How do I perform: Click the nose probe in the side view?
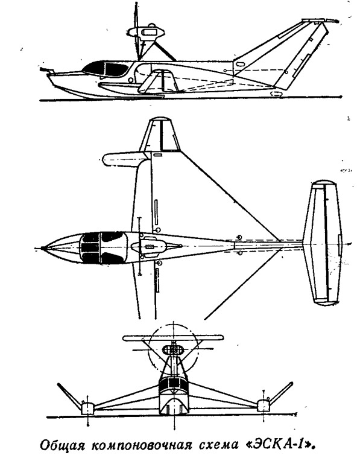coord(46,70)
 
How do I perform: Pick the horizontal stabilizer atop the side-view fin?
coord(318,21)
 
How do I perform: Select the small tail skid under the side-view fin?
coord(277,94)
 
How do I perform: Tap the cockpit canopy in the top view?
coord(103,247)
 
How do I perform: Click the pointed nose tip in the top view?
coord(43,248)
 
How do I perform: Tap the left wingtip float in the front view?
coord(87,409)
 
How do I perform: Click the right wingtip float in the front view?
coord(264,406)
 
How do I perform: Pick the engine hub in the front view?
coord(173,350)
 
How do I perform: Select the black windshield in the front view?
coord(174,385)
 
